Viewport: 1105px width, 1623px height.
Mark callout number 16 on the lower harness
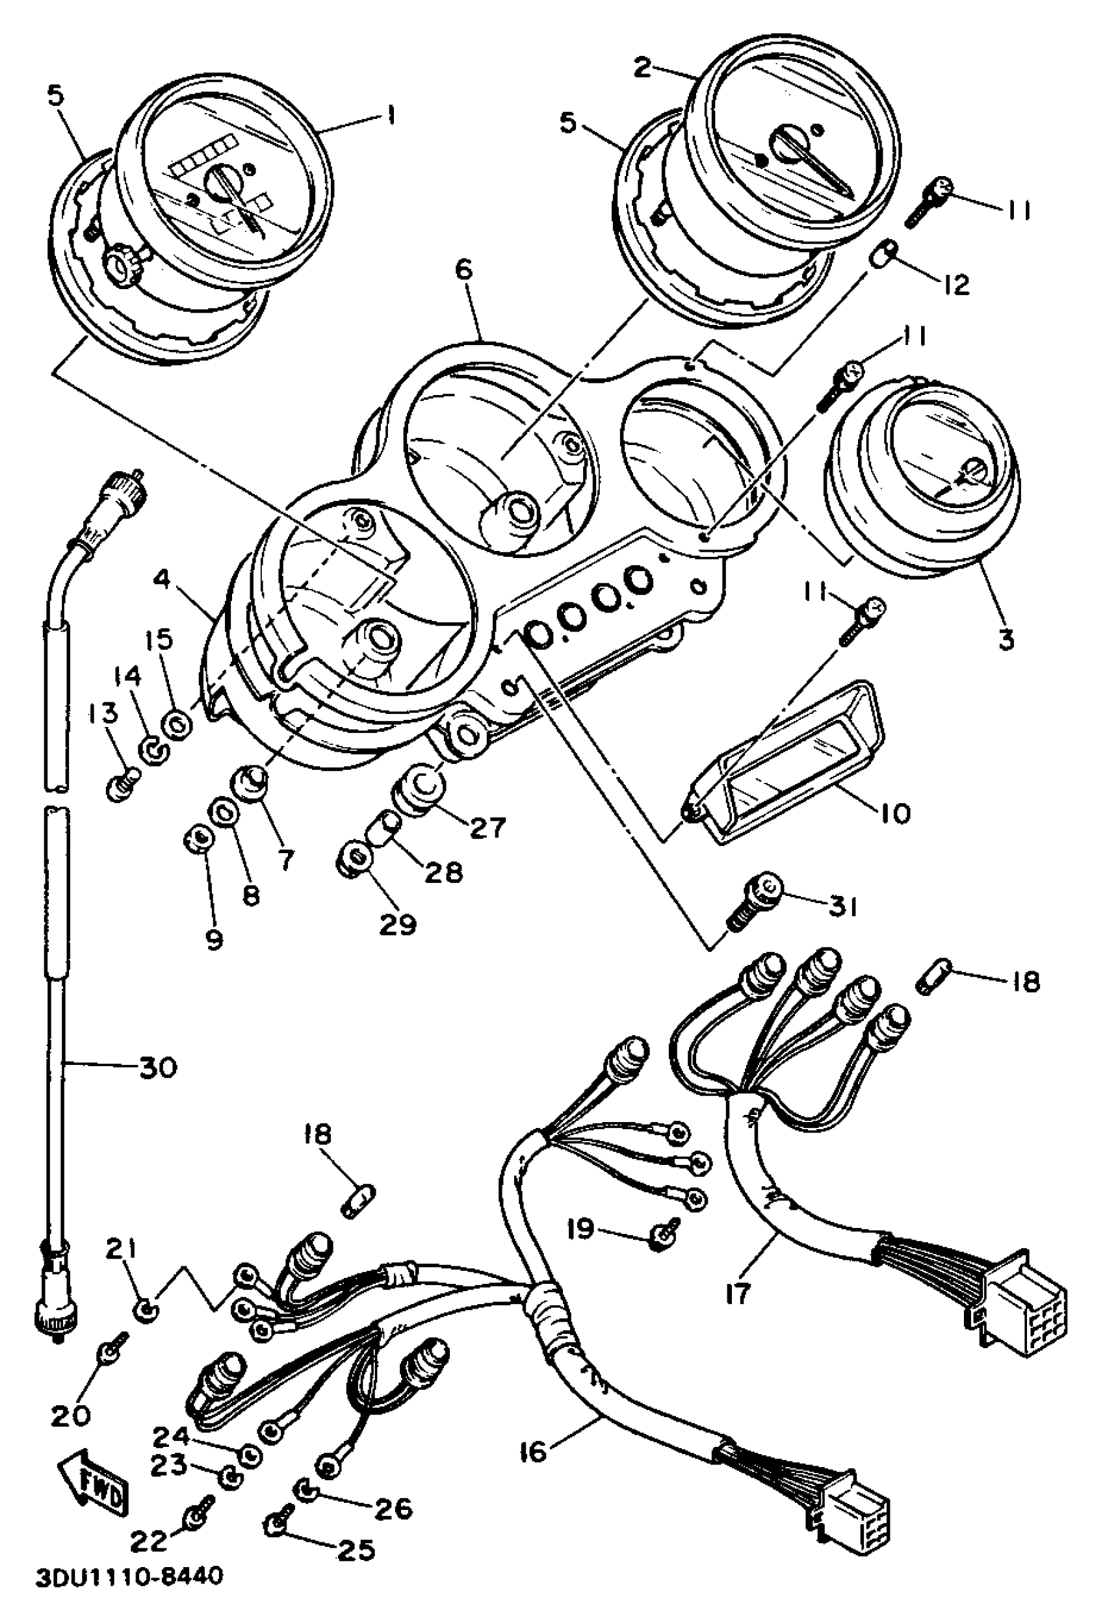532,1452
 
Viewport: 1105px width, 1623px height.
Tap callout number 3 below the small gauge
1006,640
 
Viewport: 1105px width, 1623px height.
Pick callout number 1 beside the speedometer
391,115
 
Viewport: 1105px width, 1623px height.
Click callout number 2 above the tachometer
642,68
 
